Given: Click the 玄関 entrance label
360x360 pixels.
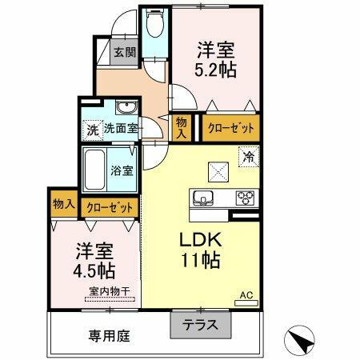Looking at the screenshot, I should point(124,53).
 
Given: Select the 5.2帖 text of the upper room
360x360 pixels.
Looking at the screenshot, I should point(216,70).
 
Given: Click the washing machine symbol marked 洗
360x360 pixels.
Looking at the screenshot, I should point(92,127).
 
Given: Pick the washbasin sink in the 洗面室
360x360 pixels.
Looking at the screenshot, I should point(124,110).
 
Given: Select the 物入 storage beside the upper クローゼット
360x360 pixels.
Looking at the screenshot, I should point(182,126).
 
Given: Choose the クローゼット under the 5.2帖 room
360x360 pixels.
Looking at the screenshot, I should point(231,127).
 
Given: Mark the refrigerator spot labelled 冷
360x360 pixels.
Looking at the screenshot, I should point(249,157).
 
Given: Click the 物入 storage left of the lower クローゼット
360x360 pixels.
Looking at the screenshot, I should point(63,205).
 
